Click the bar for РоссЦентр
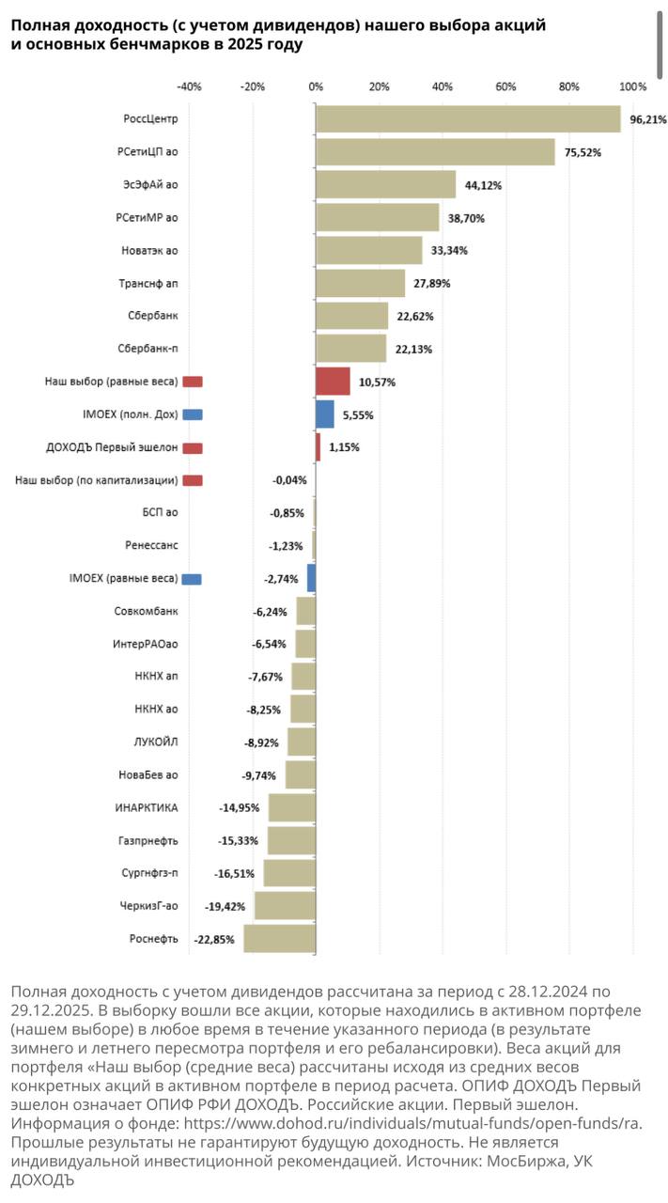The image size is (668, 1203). point(468,119)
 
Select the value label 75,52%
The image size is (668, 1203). point(583,152)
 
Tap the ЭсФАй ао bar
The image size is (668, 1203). point(385,184)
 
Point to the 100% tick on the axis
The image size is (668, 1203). point(633,86)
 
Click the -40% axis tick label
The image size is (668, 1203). point(189,86)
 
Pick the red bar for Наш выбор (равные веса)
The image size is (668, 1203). point(333,382)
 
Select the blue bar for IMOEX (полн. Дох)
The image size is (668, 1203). point(325,414)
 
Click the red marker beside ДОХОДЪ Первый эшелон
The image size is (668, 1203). point(193,447)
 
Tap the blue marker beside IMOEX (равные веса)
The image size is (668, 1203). point(193,579)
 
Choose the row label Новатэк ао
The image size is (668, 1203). point(150,251)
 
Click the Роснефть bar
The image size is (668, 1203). point(279,939)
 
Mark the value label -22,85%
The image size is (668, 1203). point(214,939)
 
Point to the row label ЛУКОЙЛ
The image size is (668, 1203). point(156,742)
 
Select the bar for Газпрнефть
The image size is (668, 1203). point(291,840)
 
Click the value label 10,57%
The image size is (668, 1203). point(377,383)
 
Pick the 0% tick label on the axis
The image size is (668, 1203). point(316,86)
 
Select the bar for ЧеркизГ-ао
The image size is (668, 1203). point(285,906)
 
